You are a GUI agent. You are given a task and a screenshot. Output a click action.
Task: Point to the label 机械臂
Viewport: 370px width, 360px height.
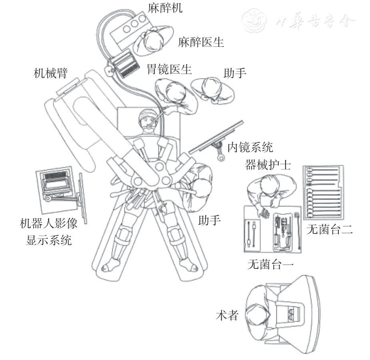[51, 73]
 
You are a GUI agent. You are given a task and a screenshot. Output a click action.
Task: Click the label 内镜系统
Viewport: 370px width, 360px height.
[250, 148]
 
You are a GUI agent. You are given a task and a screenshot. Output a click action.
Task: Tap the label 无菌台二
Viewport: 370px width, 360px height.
[329, 229]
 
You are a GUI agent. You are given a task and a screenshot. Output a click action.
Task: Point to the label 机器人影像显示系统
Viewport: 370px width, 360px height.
[48, 232]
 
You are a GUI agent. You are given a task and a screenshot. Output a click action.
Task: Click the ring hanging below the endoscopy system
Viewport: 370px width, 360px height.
[221, 158]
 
